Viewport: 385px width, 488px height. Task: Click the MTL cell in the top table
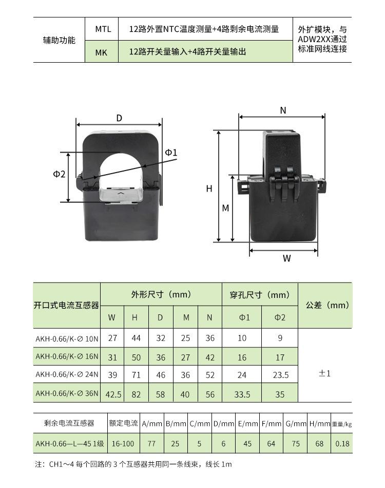pos(103,29)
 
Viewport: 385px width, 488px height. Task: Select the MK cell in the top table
pos(103,52)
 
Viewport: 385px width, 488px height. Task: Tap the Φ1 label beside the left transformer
pos(171,153)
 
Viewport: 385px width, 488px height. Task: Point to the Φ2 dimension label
pos(59,175)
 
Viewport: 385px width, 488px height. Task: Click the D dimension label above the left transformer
pos(119,118)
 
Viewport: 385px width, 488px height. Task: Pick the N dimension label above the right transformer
pos(283,110)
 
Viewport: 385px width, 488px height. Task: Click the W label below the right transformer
pos(287,258)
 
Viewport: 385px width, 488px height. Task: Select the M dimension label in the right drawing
pos(225,208)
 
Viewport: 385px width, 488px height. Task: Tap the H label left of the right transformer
pos(209,189)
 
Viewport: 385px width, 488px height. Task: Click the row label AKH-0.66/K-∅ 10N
pos(67,338)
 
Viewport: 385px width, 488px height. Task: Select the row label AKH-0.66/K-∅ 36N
pos(67,393)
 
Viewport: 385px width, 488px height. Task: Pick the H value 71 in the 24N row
pos(136,375)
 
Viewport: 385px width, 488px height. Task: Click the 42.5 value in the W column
pos(113,394)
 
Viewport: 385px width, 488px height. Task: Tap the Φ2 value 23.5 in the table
pos(280,375)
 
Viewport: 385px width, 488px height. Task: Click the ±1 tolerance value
pos(325,373)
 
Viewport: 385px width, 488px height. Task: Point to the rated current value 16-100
pos(123,443)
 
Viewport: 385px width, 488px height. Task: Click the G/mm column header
pos(296,423)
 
